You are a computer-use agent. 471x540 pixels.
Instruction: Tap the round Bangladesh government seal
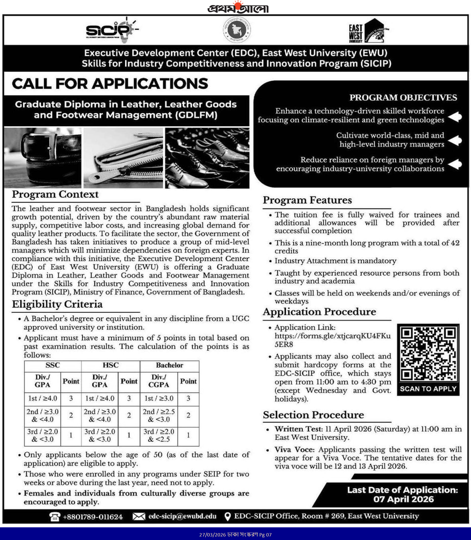(237, 30)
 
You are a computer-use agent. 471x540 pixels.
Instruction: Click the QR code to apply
(428, 354)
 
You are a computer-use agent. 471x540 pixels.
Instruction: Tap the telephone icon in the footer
(55, 517)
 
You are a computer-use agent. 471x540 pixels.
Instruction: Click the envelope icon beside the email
(138, 517)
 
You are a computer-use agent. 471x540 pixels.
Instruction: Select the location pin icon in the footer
(228, 516)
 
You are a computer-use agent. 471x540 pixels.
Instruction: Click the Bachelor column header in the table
(169, 365)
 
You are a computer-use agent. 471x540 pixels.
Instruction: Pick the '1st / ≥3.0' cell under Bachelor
(159, 398)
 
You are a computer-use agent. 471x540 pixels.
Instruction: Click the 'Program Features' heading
(307, 200)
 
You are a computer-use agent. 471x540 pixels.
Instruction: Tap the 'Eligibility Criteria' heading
(57, 304)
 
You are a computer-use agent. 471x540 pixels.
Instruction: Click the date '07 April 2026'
(404, 499)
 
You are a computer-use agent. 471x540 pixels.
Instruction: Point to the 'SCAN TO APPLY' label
(428, 389)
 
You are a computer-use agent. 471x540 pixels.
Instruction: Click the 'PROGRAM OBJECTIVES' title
(403, 98)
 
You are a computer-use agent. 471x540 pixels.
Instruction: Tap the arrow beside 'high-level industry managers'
(455, 140)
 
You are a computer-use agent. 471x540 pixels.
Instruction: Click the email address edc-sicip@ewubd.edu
(182, 516)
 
